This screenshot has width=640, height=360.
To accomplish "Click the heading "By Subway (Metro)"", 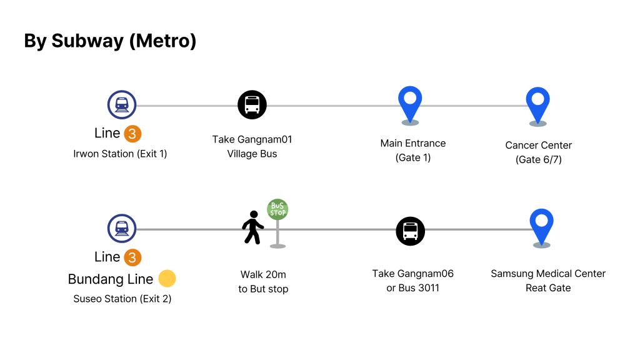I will tap(110, 41).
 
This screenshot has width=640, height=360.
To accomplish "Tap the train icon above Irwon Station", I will tap(122, 104).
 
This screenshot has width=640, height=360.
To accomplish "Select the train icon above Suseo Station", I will tap(122, 228).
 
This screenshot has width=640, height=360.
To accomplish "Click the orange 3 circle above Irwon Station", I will tap(132, 134).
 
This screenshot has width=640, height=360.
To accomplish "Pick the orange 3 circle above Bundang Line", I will tap(132, 257).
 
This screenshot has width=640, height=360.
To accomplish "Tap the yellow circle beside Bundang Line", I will tap(167, 279).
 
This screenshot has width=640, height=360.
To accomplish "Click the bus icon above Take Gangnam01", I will tap(252, 104).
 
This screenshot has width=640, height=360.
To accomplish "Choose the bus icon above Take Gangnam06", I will tap(411, 232).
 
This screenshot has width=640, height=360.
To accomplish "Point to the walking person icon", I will tap(252, 227).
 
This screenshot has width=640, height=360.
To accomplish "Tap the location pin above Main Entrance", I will tap(410, 104).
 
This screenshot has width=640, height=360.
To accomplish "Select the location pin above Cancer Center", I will tap(537, 106).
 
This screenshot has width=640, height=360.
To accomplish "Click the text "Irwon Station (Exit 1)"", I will tap(120, 154).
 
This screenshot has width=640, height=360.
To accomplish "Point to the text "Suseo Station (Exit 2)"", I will tap(122, 299).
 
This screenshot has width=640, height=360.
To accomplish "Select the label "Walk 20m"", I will tap(263, 274).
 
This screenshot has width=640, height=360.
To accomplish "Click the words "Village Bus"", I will tap(252, 154).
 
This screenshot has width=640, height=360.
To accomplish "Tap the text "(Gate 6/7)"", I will tap(539, 160).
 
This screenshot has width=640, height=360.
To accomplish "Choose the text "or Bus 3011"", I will tap(412, 288).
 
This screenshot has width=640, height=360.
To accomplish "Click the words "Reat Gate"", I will tap(548, 288).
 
